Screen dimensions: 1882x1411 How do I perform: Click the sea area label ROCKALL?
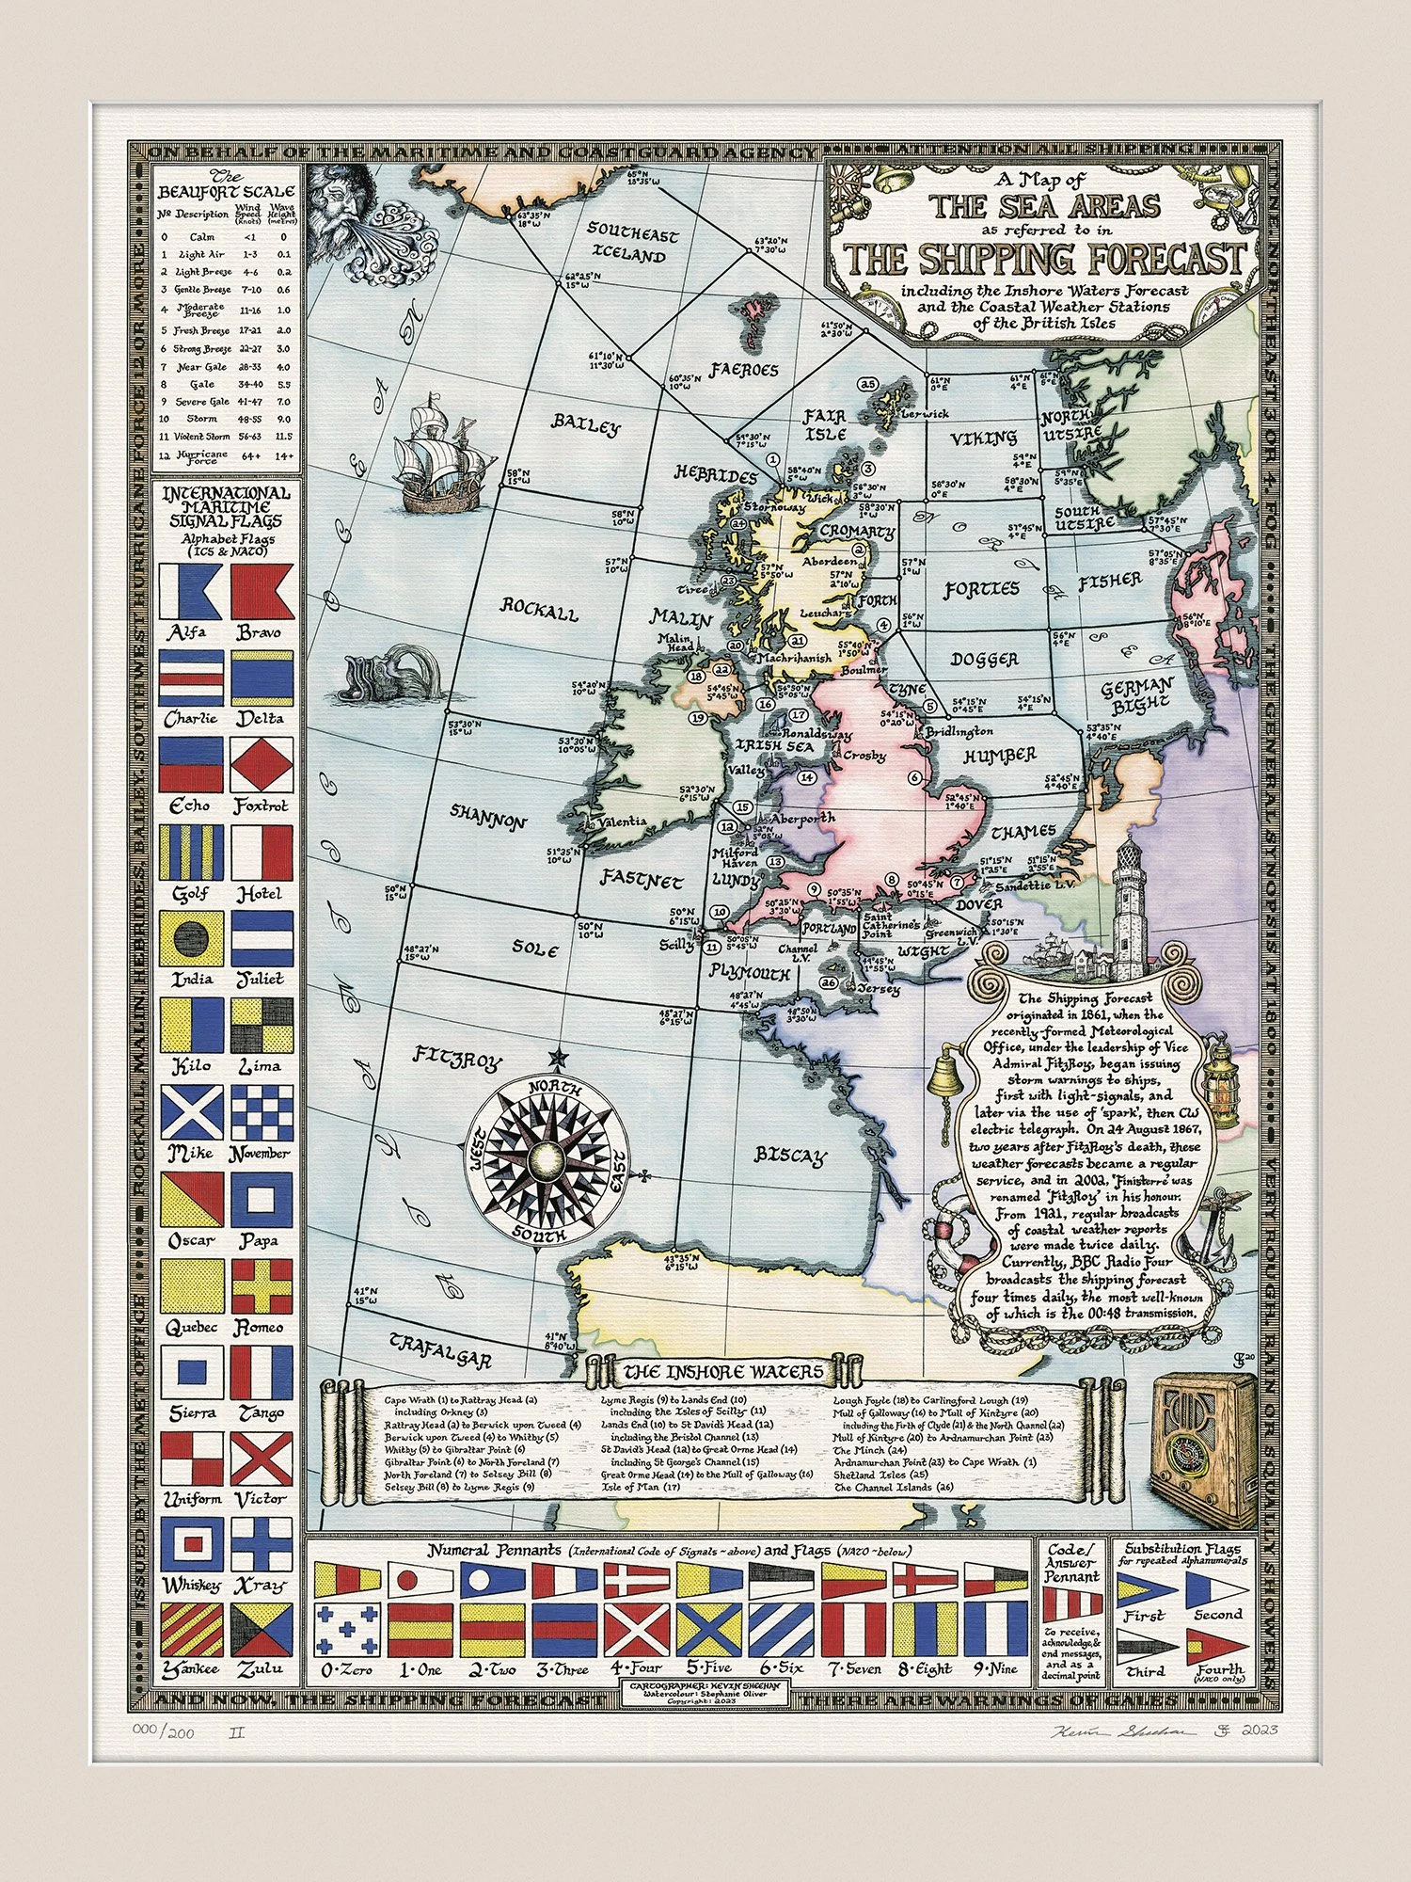pos(539,610)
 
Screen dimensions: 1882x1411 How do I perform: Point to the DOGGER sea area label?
pos(985,659)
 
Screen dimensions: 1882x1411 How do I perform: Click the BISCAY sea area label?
pos(790,1156)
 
